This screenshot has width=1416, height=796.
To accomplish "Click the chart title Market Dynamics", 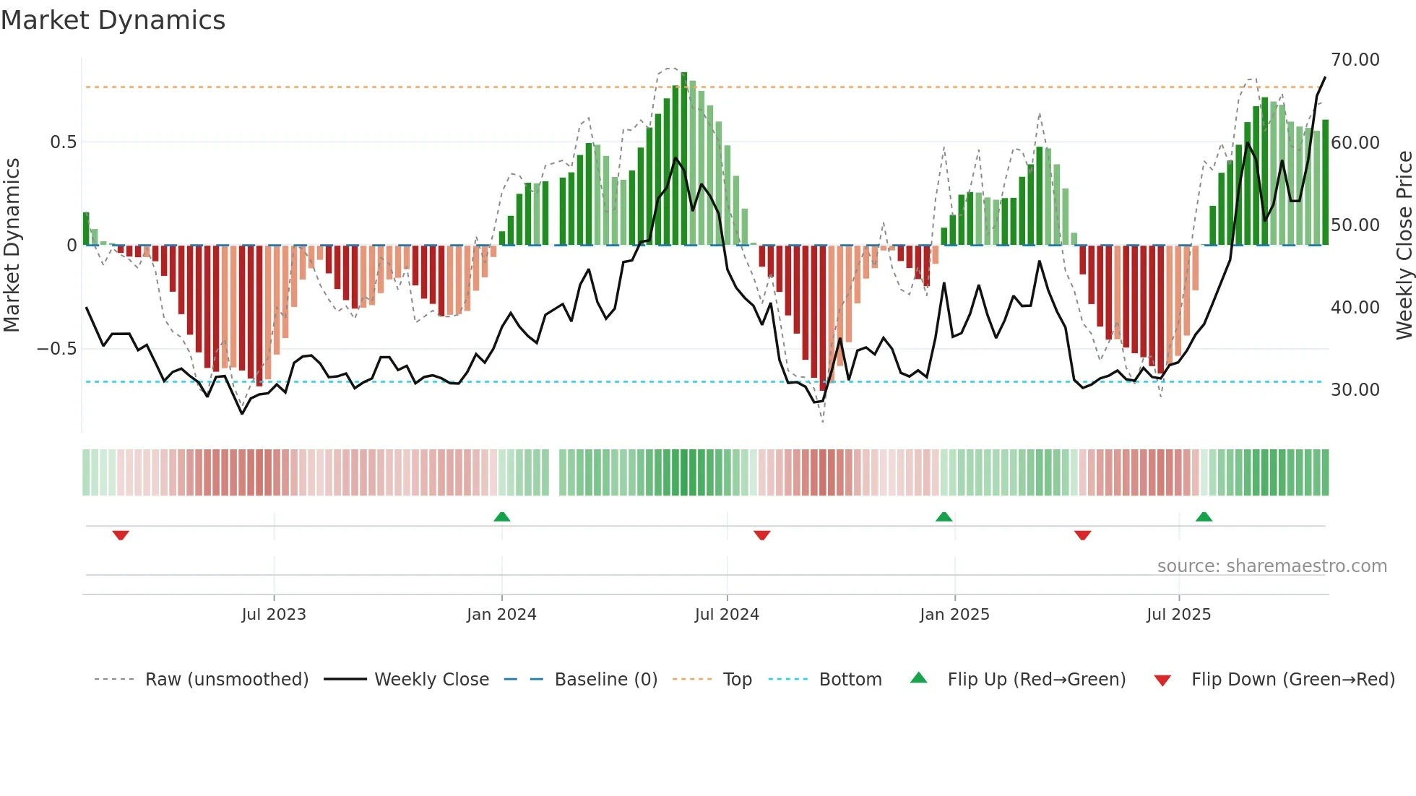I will point(113,20).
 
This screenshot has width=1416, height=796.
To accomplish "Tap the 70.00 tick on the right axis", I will point(1355,60).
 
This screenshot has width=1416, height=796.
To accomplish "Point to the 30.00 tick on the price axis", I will point(1355,390).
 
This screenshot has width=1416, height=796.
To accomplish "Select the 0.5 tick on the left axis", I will point(63,142).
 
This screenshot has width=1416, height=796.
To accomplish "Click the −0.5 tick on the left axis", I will point(57,349).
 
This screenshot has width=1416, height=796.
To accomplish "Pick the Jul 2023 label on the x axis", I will point(274,615).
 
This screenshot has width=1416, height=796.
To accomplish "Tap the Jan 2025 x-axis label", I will point(954,615).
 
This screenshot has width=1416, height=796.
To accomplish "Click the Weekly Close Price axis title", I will point(1404,246).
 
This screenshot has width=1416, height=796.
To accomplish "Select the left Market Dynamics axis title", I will point(12,246).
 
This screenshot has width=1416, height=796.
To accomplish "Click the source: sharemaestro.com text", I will point(1272,566).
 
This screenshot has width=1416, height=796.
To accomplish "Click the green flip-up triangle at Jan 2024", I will point(502,516).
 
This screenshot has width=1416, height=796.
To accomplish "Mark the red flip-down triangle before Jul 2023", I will point(121,535).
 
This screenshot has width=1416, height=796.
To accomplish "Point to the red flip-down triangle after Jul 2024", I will point(762,535).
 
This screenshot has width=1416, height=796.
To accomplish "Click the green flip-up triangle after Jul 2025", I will point(1204,516).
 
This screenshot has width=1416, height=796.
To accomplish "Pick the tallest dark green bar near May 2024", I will point(684,159).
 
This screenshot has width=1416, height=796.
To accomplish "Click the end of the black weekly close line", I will point(1325,77).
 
